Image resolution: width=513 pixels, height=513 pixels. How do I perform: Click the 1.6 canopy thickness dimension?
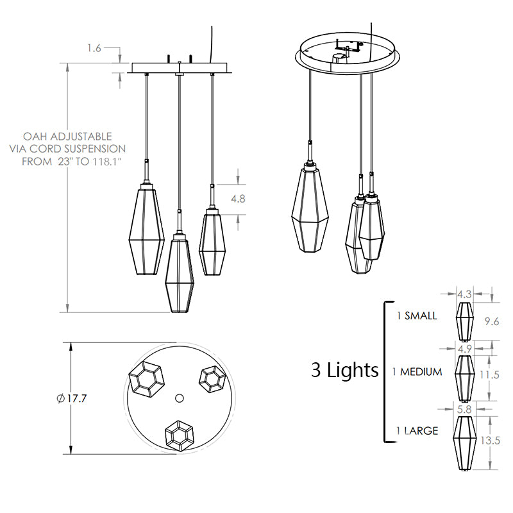(x=94, y=49)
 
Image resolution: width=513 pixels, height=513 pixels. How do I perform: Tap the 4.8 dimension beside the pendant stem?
(x=238, y=199)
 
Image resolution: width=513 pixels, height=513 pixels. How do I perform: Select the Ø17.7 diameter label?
(x=72, y=398)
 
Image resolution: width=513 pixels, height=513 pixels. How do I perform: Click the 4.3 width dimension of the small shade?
(x=464, y=294)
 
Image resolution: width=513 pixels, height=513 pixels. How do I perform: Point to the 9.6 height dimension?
(x=492, y=321)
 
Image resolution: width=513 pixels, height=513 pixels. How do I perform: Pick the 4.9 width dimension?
(x=464, y=349)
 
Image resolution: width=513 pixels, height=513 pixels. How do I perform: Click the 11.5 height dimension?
(x=489, y=374)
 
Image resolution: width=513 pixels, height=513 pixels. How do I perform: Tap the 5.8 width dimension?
(x=464, y=409)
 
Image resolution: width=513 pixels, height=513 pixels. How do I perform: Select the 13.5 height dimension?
(x=490, y=441)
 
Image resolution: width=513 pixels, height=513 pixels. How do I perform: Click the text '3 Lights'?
(x=345, y=370)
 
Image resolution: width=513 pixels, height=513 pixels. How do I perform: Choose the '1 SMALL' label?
(x=417, y=315)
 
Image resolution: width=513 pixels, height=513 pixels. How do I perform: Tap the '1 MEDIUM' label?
(x=417, y=372)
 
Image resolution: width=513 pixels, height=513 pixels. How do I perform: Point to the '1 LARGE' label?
(x=417, y=430)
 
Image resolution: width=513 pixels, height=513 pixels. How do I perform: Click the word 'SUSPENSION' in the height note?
(x=94, y=149)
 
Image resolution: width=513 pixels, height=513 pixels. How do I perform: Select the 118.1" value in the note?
(x=105, y=162)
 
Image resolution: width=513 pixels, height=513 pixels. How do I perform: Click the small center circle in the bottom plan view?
(x=180, y=398)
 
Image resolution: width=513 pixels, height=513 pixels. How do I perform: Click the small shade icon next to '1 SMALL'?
(x=464, y=321)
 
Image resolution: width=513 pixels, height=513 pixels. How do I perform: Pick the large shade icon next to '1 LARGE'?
(x=464, y=443)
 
